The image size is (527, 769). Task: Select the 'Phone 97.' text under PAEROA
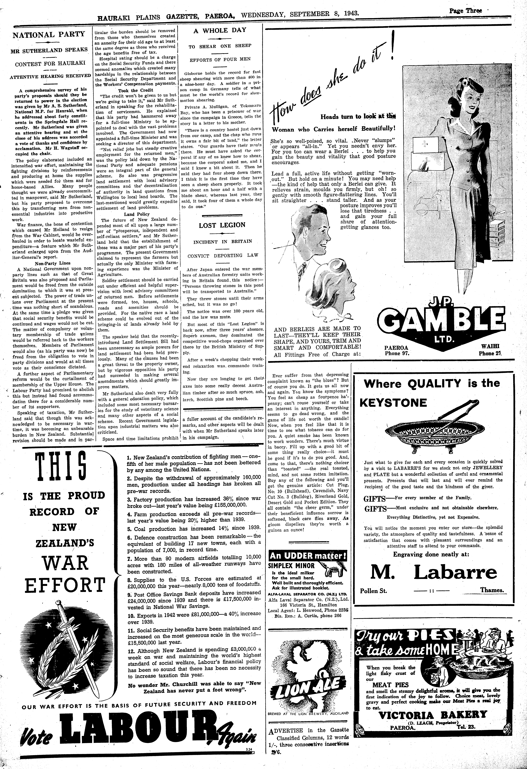coord(397,353)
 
